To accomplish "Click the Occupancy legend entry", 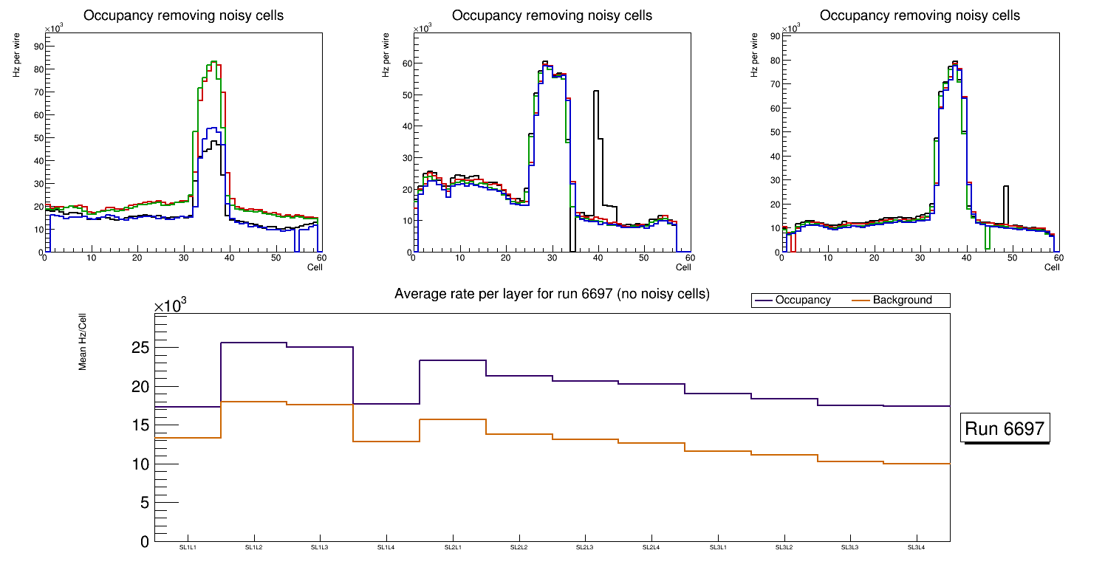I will click(x=802, y=301).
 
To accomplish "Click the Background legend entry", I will click(x=902, y=301).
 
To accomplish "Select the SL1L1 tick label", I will click(x=188, y=547).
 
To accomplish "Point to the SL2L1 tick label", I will click(x=453, y=547).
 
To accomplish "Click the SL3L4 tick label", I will click(x=917, y=547).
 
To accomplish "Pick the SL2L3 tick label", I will click(x=585, y=547).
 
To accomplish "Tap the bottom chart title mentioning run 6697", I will click(x=552, y=294).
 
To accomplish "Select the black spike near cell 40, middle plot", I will click(x=595, y=92).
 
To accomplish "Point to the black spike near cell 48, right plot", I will click(x=1005, y=187).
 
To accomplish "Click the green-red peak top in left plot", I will click(x=213, y=62).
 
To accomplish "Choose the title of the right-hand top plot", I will click(x=920, y=15).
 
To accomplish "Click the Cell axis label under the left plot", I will click(x=315, y=267).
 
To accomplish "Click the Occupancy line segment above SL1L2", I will click(x=253, y=343).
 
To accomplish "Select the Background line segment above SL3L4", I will click(x=917, y=464).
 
